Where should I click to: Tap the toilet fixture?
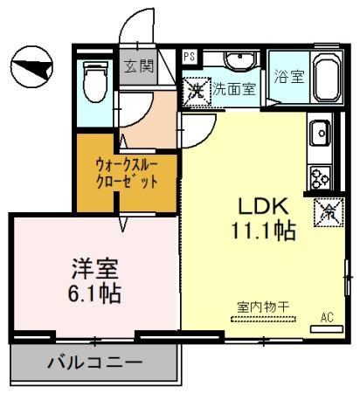click(93, 83)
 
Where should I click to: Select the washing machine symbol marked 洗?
click(194, 89)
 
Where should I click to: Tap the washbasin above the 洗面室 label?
click(236, 62)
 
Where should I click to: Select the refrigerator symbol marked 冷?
click(331, 211)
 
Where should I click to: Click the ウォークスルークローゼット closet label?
click(128, 174)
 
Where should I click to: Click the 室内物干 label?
click(263, 306)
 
